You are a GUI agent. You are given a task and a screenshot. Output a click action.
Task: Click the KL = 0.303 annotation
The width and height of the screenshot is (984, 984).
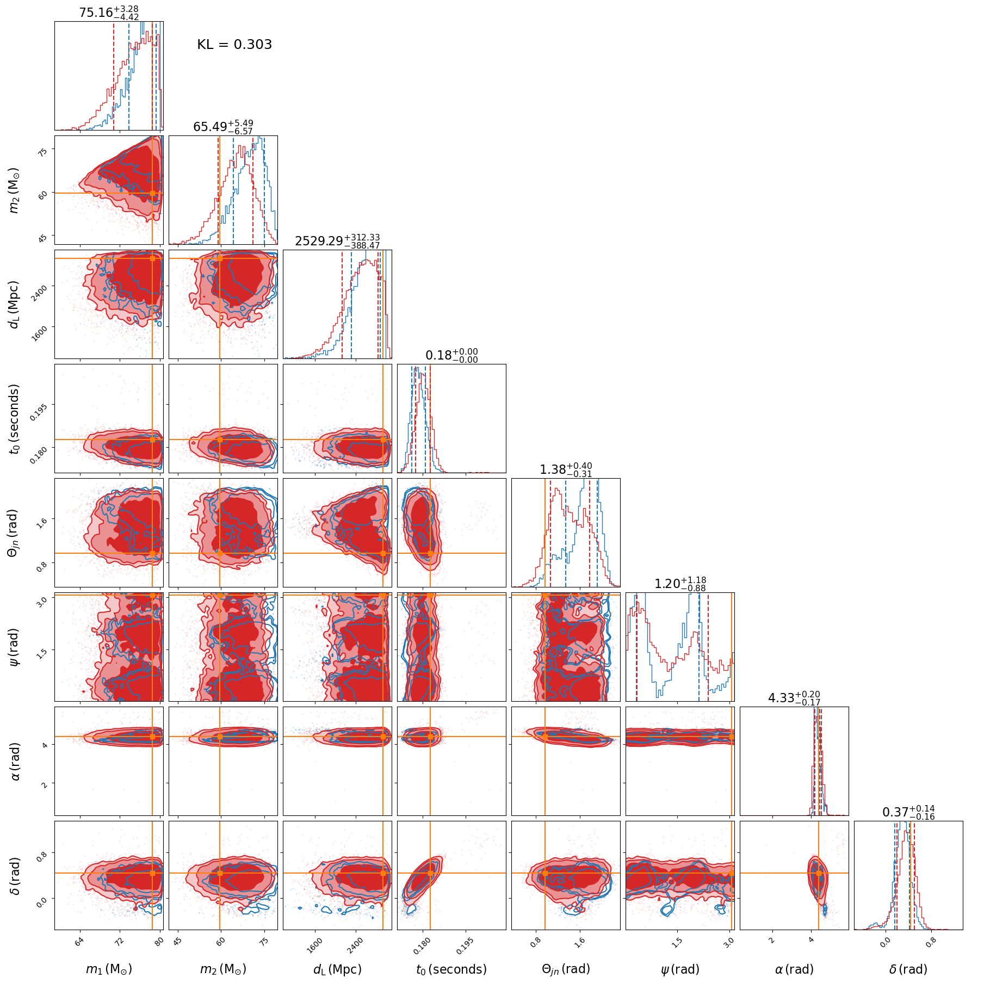(x=234, y=45)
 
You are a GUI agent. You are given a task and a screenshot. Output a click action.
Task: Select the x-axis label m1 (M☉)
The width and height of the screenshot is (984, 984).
(x=109, y=969)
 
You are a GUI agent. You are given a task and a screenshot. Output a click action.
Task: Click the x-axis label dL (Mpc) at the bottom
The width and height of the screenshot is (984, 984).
(x=337, y=969)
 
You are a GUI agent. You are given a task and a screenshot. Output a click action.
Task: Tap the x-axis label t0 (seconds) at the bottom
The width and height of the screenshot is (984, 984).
(x=451, y=969)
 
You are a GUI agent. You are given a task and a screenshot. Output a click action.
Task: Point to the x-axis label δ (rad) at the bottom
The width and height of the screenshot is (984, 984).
(x=908, y=969)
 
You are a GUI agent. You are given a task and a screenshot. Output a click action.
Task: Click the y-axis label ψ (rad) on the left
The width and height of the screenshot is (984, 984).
(x=15, y=647)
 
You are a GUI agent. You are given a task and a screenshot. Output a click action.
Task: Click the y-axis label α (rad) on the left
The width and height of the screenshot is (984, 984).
(x=15, y=761)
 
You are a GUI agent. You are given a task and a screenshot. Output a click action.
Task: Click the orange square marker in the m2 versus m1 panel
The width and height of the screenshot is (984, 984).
(x=152, y=193)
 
